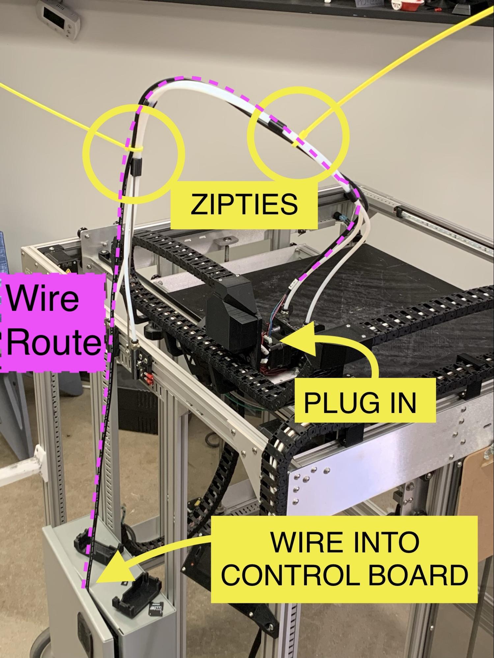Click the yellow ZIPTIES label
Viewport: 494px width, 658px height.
244,204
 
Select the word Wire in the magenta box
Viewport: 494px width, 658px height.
43,298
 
